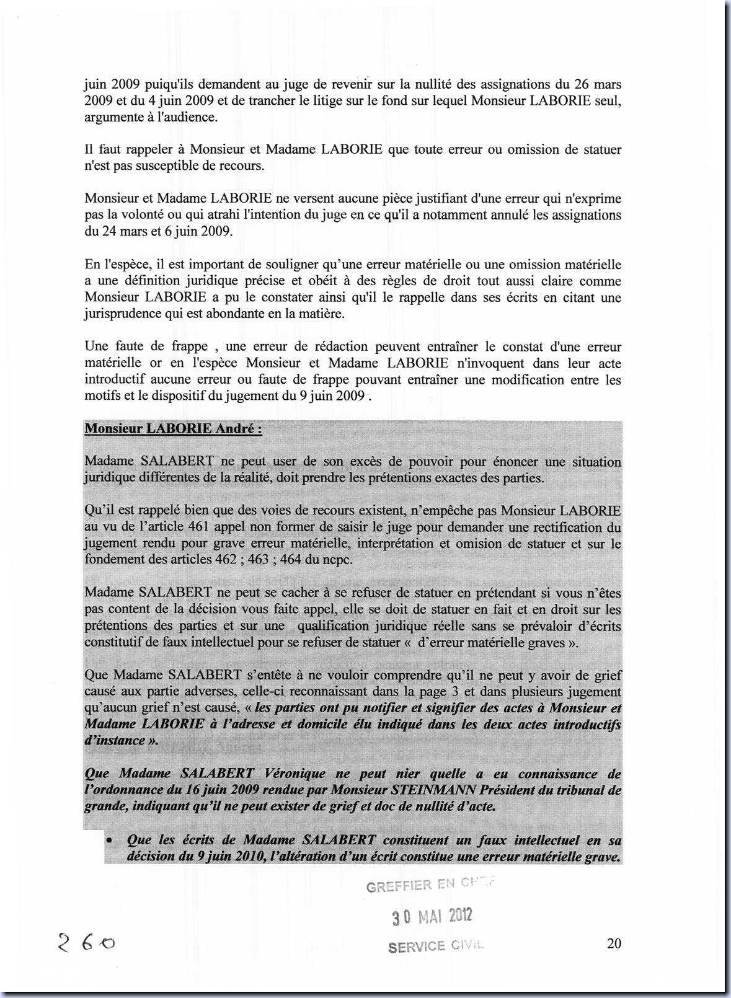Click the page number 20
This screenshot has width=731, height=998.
[614, 943]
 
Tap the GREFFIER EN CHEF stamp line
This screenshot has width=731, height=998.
[431, 885]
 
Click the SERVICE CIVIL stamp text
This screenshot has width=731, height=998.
[435, 946]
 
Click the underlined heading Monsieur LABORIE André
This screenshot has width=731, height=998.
[173, 429]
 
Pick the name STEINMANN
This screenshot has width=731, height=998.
[428, 790]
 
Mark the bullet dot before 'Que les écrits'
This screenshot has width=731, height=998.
[109, 841]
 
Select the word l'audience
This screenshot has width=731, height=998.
[186, 117]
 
